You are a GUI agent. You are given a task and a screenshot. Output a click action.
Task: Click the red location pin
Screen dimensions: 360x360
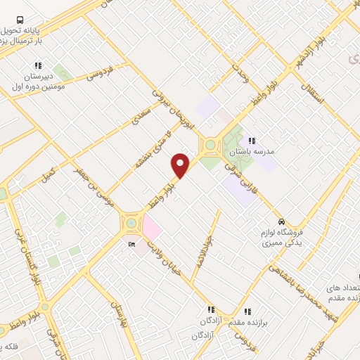coord(181,165)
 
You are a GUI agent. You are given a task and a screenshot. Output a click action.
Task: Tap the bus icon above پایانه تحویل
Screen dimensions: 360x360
coord(20,20)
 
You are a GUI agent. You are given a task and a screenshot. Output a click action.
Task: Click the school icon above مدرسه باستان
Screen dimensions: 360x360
coord(251,141)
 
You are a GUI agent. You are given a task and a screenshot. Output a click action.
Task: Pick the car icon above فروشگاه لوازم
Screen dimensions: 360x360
coord(281,221)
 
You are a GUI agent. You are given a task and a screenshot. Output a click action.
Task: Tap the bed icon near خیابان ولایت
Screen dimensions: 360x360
coord(133,244)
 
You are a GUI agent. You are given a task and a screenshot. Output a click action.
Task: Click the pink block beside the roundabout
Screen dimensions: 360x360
coord(151,227)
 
